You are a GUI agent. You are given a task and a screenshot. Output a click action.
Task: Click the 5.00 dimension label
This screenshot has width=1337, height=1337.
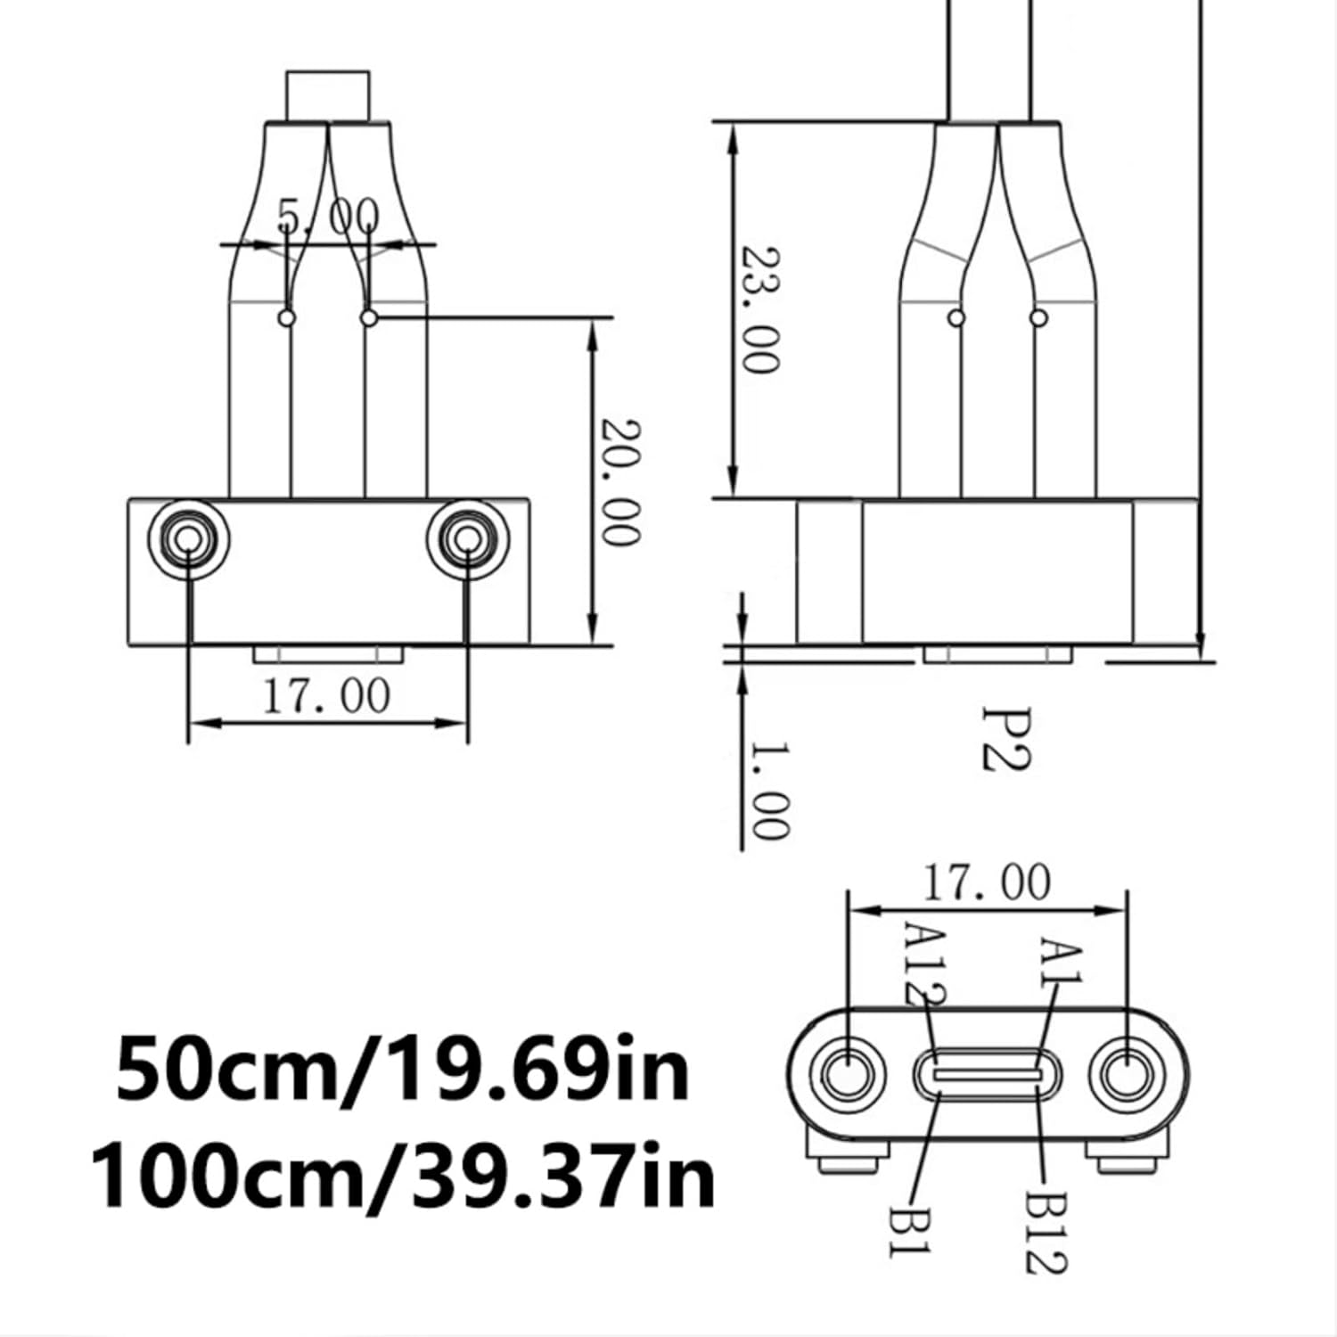(328, 217)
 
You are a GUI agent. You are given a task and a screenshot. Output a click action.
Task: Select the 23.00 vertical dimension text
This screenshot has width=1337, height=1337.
(761, 309)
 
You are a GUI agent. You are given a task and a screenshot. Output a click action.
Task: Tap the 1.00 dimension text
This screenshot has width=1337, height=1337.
(768, 790)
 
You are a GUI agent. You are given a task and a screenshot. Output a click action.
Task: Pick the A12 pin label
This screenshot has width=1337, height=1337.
(924, 963)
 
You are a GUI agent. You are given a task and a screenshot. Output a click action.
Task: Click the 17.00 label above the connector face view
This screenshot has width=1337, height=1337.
(986, 882)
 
